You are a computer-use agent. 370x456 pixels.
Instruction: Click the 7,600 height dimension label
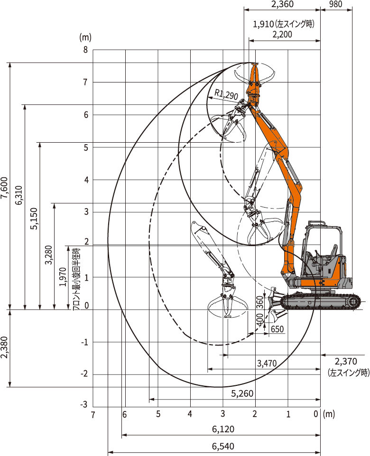4,188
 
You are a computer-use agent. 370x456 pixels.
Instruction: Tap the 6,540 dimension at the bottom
223,447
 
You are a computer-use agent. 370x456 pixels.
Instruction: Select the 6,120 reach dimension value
223,429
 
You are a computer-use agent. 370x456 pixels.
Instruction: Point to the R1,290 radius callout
226,94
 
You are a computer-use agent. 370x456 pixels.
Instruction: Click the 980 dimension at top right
336,4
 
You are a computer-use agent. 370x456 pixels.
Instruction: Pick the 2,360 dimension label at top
282,4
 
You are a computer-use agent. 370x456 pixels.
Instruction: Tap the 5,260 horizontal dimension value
242,393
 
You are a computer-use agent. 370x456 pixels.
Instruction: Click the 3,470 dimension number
267,363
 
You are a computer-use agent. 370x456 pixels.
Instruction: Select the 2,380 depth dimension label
4,348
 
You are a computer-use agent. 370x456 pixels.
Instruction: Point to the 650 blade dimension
277,329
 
